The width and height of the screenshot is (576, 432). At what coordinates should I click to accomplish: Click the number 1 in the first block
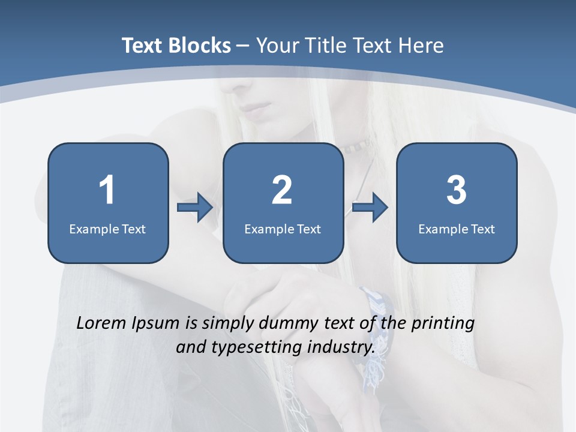point(107,190)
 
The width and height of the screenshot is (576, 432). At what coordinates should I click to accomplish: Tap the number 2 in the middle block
point(282,190)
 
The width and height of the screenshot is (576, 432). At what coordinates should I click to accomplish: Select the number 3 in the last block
point(456,190)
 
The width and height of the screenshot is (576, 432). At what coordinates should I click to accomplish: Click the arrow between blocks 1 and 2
point(195,208)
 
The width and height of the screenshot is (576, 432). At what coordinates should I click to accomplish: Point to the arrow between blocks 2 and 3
point(370,208)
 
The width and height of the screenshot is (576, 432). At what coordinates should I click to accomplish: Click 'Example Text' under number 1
point(107,229)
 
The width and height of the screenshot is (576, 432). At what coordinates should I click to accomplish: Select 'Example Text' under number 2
point(283,229)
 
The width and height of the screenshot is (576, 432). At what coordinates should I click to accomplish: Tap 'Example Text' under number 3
point(457,229)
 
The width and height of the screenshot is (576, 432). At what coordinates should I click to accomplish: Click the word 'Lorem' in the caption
point(101,323)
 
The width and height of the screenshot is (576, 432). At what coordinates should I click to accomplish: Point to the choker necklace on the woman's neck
point(358,145)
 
